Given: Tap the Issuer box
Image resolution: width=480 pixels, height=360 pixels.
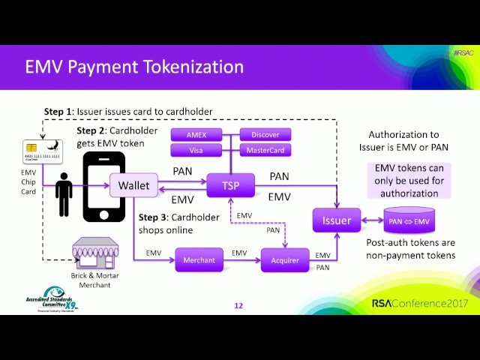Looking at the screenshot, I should [x=336, y=220].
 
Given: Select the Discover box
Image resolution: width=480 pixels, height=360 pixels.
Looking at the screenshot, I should [x=265, y=135].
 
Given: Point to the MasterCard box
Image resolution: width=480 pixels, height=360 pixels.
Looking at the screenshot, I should [x=265, y=150].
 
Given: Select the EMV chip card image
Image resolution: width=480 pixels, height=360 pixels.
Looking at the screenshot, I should [x=32, y=152].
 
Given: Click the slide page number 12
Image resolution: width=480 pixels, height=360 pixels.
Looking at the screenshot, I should [x=238, y=305].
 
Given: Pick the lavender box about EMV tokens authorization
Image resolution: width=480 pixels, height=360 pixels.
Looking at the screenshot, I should [x=409, y=180].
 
